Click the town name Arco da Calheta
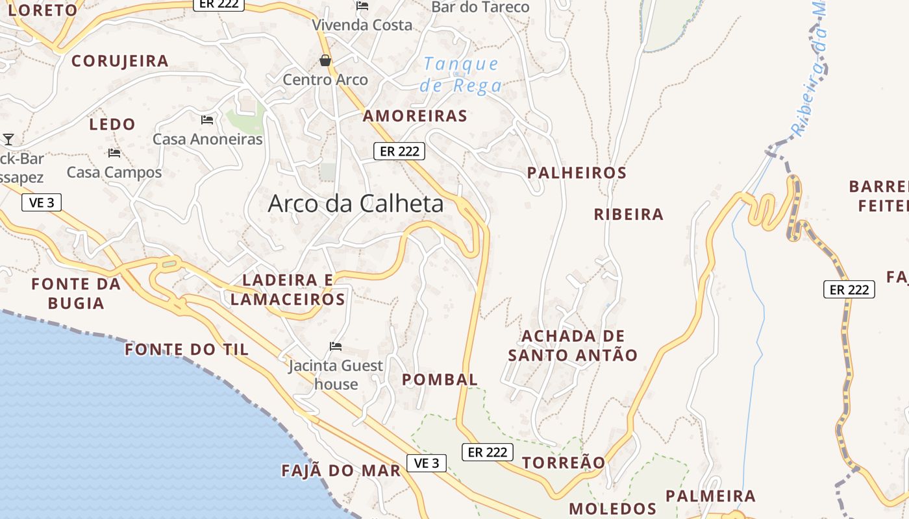tap(356, 204)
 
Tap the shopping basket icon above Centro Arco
tap(325, 61)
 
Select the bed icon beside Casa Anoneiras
tap(207, 119)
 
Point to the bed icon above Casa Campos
tap(114, 153)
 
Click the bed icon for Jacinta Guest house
tap(336, 346)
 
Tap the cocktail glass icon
tap(8, 139)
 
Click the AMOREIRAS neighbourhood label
tap(415, 116)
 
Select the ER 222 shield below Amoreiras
tap(399, 151)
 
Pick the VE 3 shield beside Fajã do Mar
tap(427, 463)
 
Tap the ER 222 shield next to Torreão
tap(488, 452)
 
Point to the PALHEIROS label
tap(577, 173)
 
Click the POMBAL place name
tap(440, 380)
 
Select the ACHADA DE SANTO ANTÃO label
tap(573, 346)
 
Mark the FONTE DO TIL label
tap(186, 350)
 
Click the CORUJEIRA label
tap(120, 61)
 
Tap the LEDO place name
tap(112, 124)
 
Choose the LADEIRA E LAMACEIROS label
tap(288, 289)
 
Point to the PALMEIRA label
tap(710, 496)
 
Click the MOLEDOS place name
tap(612, 509)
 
